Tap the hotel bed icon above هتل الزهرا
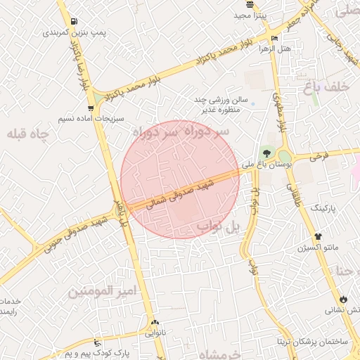274,38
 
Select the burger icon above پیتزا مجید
251,4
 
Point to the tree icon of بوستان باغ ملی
266,154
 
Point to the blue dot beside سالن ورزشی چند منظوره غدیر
252,104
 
